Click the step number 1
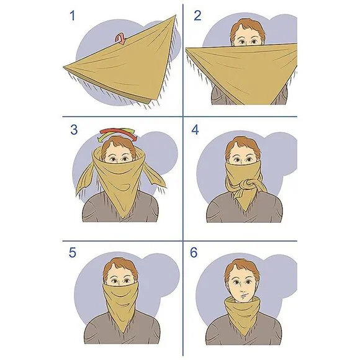(x=73, y=16)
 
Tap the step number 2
(x=197, y=16)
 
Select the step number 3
(x=74, y=130)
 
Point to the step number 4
(x=195, y=130)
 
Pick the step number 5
(x=73, y=253)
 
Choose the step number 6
(x=194, y=253)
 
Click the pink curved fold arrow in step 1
(x=120, y=38)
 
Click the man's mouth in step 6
(x=244, y=295)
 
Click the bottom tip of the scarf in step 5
(x=124, y=333)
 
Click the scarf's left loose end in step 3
(x=86, y=179)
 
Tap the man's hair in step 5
(x=120, y=269)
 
